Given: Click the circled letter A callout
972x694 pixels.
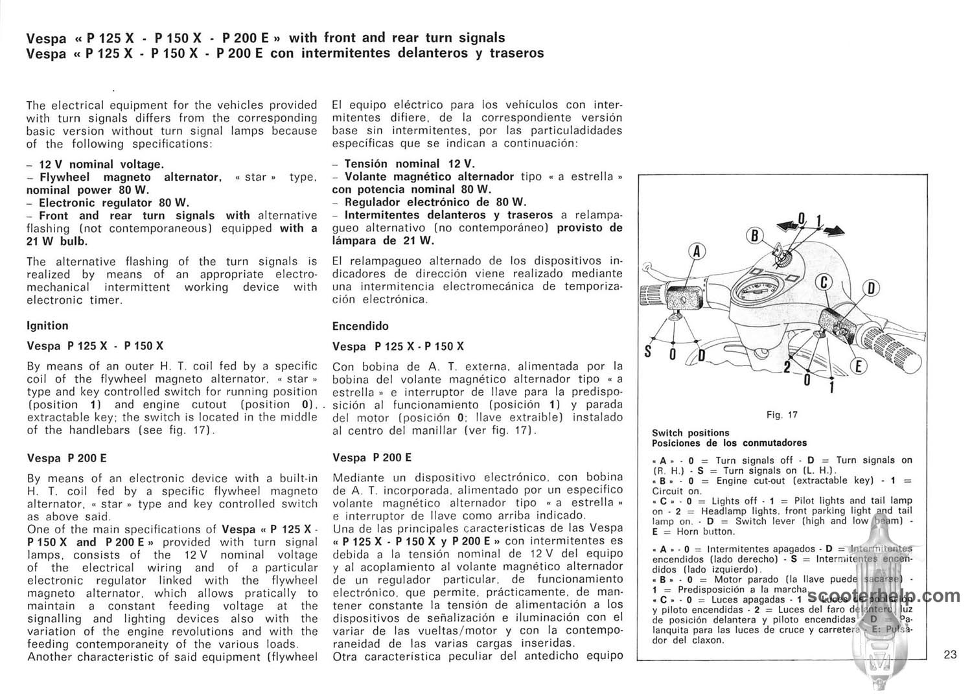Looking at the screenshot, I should [x=697, y=251].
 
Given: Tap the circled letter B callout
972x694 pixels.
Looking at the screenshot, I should [x=754, y=235].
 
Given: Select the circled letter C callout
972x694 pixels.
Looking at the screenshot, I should [x=825, y=282].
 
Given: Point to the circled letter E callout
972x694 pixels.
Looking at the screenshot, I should [x=859, y=367].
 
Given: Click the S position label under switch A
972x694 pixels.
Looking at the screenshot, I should [x=647, y=352].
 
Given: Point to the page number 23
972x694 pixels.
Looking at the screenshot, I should [x=950, y=654].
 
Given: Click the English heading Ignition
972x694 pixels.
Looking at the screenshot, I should [x=47, y=326].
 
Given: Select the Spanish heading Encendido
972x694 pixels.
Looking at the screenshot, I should [x=360, y=326].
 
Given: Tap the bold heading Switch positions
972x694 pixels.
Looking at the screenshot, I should [x=690, y=433].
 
